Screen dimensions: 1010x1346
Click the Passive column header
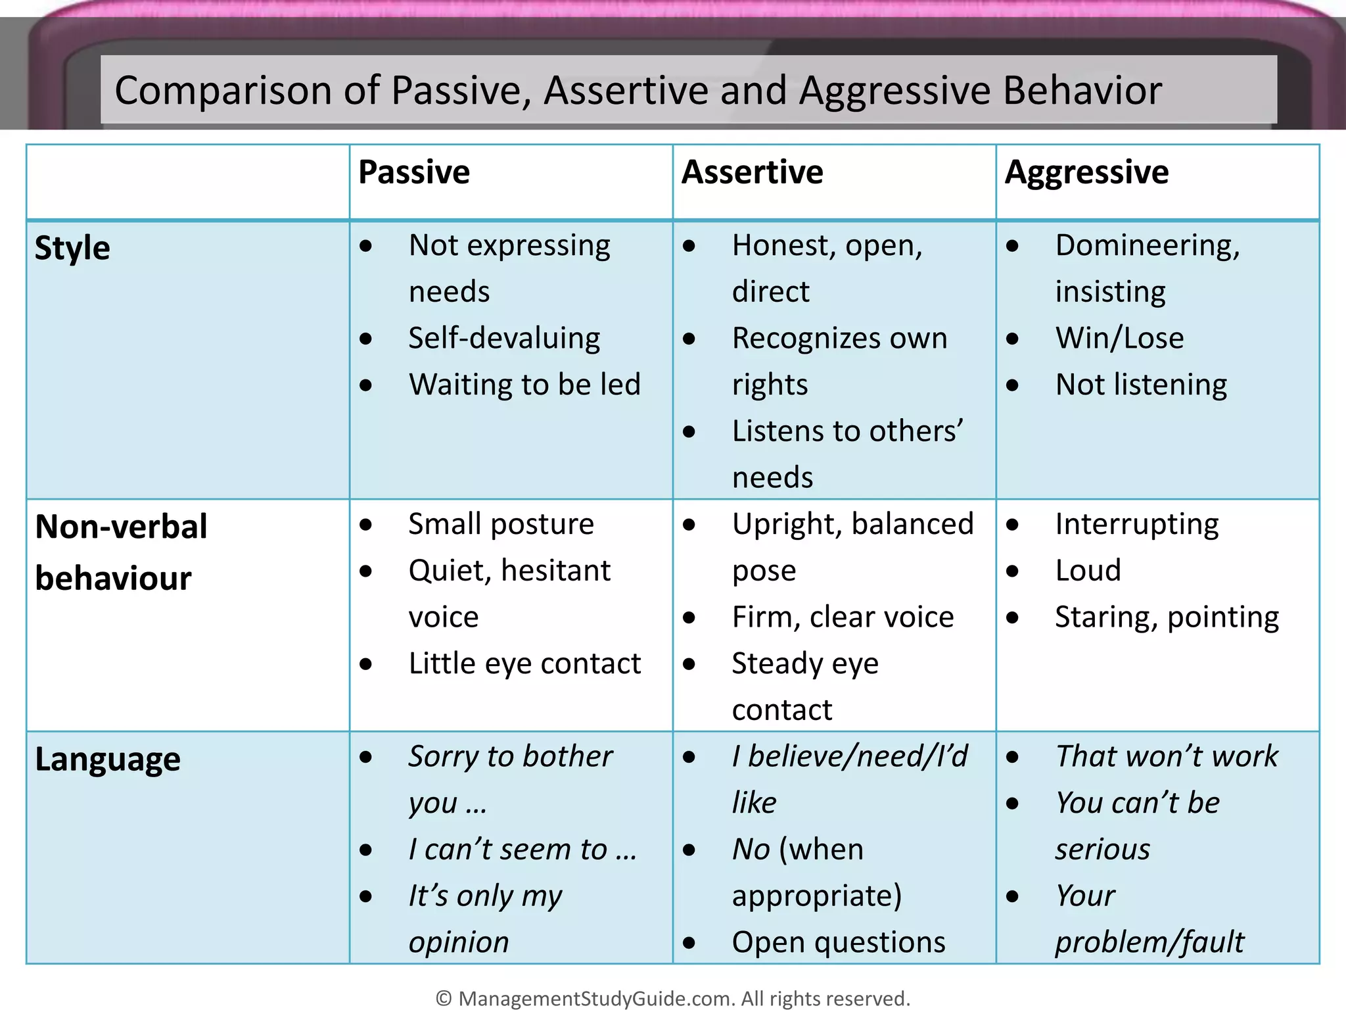pyautogui.click(x=414, y=173)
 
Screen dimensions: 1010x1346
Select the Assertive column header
pyautogui.click(x=752, y=173)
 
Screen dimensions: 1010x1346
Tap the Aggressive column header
pyautogui.click(x=1086, y=173)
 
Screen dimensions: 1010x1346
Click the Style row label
pyautogui.click(x=72, y=249)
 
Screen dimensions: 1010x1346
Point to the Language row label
pyautogui.click(x=107, y=759)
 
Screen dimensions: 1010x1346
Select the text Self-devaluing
pyautogui.click(x=504, y=339)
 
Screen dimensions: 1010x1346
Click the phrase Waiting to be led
pyautogui.click(x=524, y=385)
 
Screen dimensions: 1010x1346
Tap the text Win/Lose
pyautogui.click(x=1119, y=339)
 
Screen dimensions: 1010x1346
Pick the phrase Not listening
pyautogui.click(x=1141, y=385)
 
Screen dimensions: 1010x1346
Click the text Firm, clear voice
pyautogui.click(x=843, y=617)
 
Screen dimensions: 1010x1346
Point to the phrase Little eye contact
pyautogui.click(x=524, y=663)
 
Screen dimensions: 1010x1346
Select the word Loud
pyautogui.click(x=1088, y=571)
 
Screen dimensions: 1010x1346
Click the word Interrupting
pyautogui.click(x=1137, y=524)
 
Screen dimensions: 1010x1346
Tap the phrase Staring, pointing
pyautogui.click(x=1167, y=617)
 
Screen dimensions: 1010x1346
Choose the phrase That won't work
pyautogui.click(x=1167, y=756)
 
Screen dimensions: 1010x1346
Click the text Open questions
pyautogui.click(x=839, y=942)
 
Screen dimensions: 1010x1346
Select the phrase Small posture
pyautogui.click(x=501, y=524)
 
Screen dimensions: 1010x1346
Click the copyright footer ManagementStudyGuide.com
pyautogui.click(x=673, y=998)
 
